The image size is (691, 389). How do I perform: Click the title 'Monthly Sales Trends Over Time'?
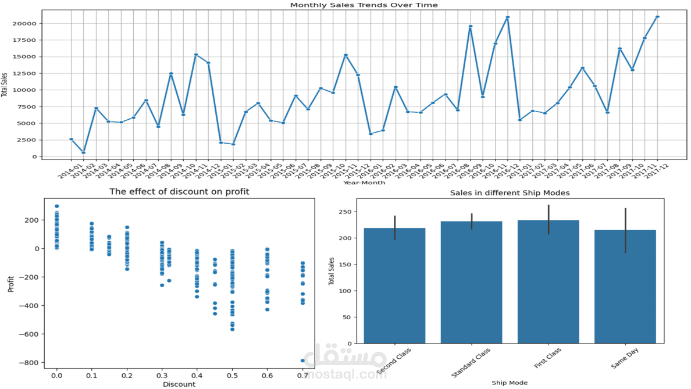(364, 5)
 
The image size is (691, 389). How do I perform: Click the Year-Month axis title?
(364, 183)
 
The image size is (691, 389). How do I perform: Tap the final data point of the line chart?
(657, 17)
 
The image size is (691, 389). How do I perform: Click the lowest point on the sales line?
(84, 153)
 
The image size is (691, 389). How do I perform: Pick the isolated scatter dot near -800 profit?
(302, 361)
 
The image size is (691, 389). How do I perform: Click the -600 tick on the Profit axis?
(27, 334)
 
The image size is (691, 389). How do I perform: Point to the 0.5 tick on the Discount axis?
(232, 376)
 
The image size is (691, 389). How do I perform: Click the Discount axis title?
(179, 384)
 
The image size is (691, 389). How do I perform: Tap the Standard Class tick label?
(471, 361)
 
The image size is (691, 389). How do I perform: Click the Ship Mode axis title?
(510, 383)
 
